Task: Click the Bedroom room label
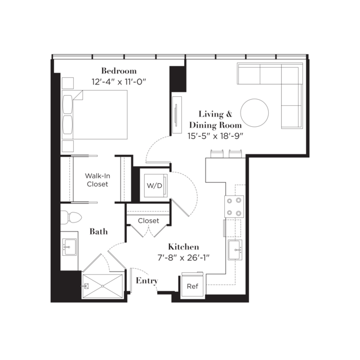tap(119, 71)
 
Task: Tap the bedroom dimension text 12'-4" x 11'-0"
tap(119, 82)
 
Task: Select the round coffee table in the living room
tap(255, 113)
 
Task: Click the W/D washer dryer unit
tap(155, 185)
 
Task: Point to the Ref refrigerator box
tap(193, 286)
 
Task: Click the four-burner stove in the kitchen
tap(234, 207)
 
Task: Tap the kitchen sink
tap(235, 250)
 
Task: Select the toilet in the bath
tap(71, 217)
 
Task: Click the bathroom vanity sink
tap(69, 247)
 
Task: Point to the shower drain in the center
tap(103, 286)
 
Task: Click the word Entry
tap(147, 281)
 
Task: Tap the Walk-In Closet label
tap(97, 180)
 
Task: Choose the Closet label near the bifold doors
tap(148, 221)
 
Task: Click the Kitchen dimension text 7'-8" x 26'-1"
tap(184, 258)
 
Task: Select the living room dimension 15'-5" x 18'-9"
tap(215, 136)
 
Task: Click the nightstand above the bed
tap(68, 83)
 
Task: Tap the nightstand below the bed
tap(68, 146)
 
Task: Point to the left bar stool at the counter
tap(217, 153)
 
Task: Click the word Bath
tap(99, 232)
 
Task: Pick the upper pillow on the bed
tap(68, 104)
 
